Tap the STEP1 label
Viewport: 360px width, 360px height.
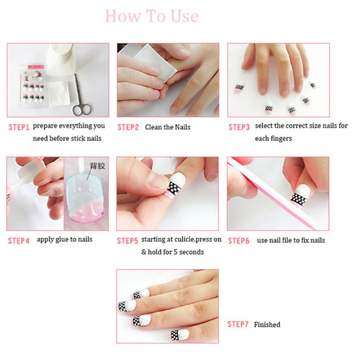click(19, 127)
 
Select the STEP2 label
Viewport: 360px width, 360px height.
click(128, 127)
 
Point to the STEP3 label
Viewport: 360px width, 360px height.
click(239, 127)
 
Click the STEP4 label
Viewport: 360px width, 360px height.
click(19, 240)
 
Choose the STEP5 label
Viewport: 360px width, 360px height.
click(128, 240)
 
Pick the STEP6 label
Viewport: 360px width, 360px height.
click(239, 240)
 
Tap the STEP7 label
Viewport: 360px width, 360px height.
click(239, 324)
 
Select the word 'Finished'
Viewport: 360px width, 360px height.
click(267, 324)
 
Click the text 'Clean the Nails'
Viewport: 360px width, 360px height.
click(167, 127)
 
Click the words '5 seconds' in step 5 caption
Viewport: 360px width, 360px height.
click(189, 252)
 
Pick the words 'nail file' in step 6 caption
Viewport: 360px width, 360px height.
click(284, 240)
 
